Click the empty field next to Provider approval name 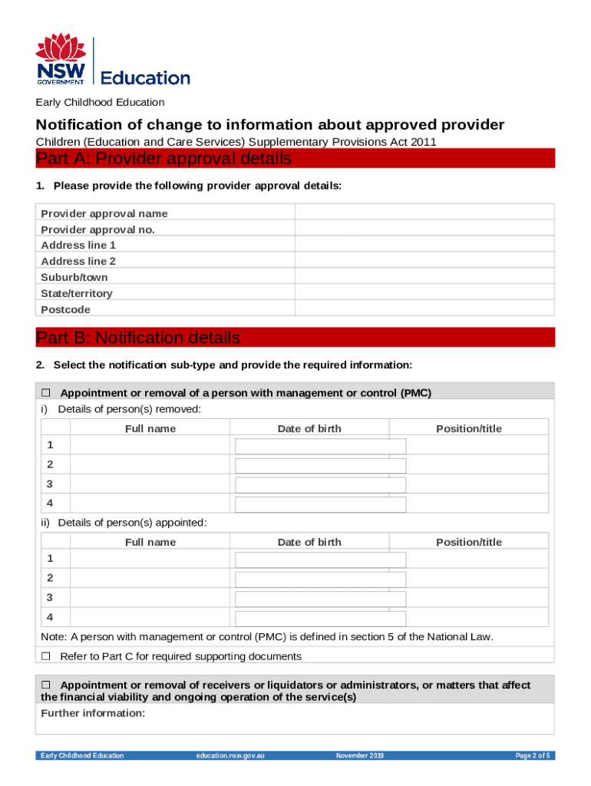tap(425, 213)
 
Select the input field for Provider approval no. tap(425, 229)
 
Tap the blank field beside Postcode tap(425, 309)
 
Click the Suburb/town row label tap(74, 277)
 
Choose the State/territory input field tap(425, 293)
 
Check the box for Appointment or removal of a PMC tap(45, 393)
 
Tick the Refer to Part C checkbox tap(45, 656)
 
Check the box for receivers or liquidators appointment tap(45, 685)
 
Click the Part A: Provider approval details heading tap(164, 159)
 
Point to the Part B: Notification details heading tap(138, 338)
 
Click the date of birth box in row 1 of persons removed tap(320, 446)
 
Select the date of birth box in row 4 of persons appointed tap(320, 618)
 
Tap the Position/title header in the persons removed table tap(468, 428)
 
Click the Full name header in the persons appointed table tap(150, 542)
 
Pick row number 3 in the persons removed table tap(50, 484)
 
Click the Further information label tap(93, 713)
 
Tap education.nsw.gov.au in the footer tap(230, 756)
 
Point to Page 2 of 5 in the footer tap(532, 756)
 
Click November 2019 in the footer tap(359, 756)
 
